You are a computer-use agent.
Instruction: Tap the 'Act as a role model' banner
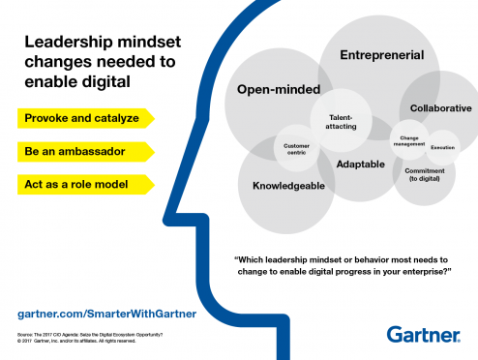tap(82, 184)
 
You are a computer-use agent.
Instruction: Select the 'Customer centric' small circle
tap(296, 149)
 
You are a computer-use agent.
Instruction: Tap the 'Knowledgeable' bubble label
tap(288, 185)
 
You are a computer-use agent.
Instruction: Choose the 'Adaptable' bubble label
tap(360, 165)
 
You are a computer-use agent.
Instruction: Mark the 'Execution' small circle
tap(443, 147)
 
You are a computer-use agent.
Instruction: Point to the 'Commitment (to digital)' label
tap(424, 176)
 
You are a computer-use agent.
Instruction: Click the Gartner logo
tap(424, 335)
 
